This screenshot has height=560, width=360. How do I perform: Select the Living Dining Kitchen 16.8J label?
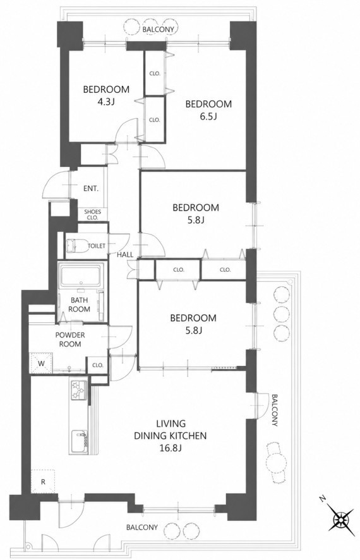(170, 435)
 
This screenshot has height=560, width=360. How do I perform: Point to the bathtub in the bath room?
(81, 276)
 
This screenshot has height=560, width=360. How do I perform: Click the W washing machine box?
(42, 363)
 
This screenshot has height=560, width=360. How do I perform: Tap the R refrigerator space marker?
(43, 482)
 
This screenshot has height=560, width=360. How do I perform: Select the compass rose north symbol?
(340, 518)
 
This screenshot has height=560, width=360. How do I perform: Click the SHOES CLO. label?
(92, 214)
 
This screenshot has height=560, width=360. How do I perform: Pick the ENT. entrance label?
(91, 188)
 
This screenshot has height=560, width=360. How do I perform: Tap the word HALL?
(125, 255)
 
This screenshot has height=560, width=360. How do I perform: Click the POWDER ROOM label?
(70, 339)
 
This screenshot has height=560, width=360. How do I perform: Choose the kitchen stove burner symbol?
(79, 389)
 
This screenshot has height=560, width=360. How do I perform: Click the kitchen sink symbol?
(79, 442)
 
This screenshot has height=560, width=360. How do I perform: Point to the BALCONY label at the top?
(158, 29)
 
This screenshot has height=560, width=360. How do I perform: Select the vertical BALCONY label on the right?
(274, 410)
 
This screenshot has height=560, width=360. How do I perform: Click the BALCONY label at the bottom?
(141, 527)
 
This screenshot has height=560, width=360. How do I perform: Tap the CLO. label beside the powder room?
(97, 365)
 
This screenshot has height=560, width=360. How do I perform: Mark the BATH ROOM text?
(79, 305)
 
